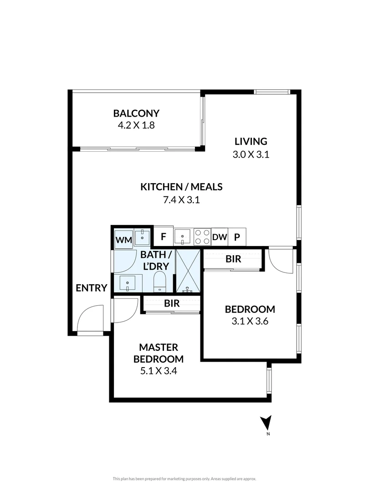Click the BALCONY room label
[x=136, y=113]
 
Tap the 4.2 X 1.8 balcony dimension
[x=136, y=125]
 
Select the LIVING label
[x=251, y=141]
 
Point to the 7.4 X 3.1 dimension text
[x=181, y=200]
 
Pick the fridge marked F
[x=163, y=237]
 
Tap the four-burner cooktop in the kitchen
[x=202, y=236]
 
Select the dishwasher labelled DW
[x=220, y=237]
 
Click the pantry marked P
[x=237, y=237]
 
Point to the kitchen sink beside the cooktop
[x=183, y=236]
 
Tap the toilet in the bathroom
[x=160, y=281]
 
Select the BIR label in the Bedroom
[x=233, y=259]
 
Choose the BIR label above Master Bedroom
[x=172, y=303]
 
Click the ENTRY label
[x=91, y=288]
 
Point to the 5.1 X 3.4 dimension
[x=158, y=371]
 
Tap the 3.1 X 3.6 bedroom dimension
[x=250, y=321]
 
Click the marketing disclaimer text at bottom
[x=184, y=479]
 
